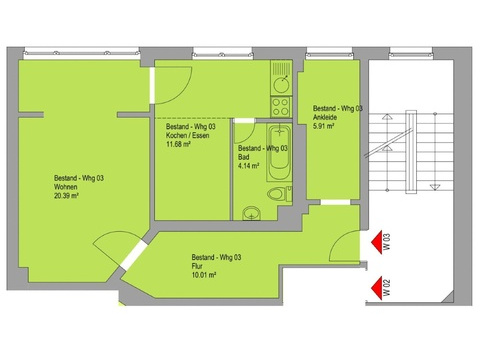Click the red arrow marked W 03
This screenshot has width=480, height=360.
[x=377, y=243]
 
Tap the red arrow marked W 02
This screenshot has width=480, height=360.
[x=377, y=288]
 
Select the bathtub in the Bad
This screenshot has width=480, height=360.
[x=279, y=152]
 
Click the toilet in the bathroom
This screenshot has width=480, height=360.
[x=279, y=194]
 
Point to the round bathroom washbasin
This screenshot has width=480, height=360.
[x=251, y=213]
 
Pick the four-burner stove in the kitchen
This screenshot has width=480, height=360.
[x=281, y=107]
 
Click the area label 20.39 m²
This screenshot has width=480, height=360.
[x=66, y=196]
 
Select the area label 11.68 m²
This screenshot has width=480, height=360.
[x=178, y=144]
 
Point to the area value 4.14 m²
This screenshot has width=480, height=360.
[x=249, y=166]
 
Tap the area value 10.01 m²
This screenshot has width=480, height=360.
[x=204, y=275]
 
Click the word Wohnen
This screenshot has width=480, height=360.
[x=66, y=187]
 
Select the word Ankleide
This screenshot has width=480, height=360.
[x=325, y=117]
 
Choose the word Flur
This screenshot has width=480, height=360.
[x=197, y=266]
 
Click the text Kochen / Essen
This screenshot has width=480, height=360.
[x=188, y=135]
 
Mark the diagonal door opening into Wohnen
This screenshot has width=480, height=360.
[x=134, y=255]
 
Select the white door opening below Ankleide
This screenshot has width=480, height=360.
[x=335, y=202]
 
